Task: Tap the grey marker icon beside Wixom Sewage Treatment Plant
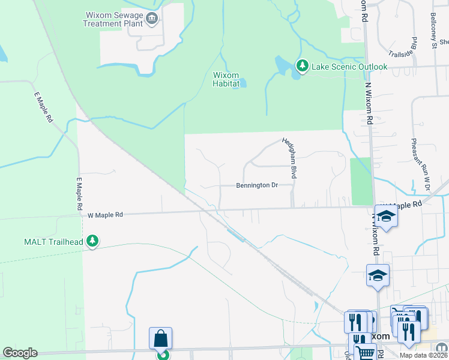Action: [151, 19]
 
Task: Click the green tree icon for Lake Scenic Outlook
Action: [303, 65]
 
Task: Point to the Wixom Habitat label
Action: [226, 80]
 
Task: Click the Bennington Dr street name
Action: [256, 185]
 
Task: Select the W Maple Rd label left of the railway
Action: [105, 214]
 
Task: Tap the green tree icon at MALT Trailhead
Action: [92, 241]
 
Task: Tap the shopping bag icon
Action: [161, 339]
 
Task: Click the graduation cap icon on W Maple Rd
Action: [387, 217]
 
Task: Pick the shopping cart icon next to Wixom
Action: [364, 352]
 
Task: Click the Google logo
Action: [20, 353]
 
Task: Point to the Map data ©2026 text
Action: [423, 355]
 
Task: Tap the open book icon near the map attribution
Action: [441, 347]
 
